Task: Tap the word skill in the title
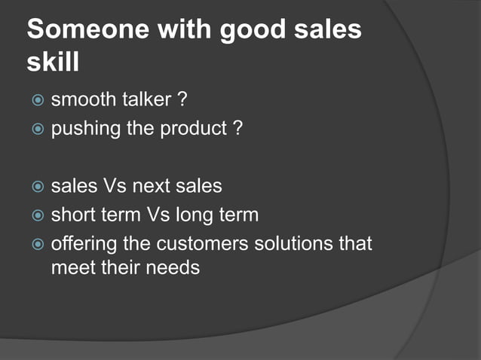pyautogui.click(x=53, y=63)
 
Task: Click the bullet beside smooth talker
pyautogui.click(x=38, y=99)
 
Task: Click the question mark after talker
pyautogui.click(x=182, y=99)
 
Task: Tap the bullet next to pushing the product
pyautogui.click(x=38, y=130)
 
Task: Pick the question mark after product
pyautogui.click(x=237, y=129)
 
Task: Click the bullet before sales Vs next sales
pyautogui.click(x=38, y=185)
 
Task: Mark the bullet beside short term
pyautogui.click(x=38, y=215)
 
